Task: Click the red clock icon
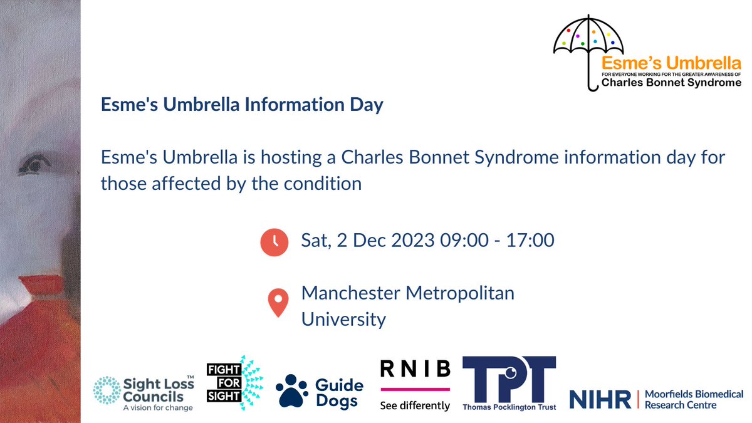tap(274, 242)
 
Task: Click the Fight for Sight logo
tap(234, 382)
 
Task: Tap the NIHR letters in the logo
tap(598, 399)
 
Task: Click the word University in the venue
tap(343, 319)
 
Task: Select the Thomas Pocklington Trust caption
tap(509, 407)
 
